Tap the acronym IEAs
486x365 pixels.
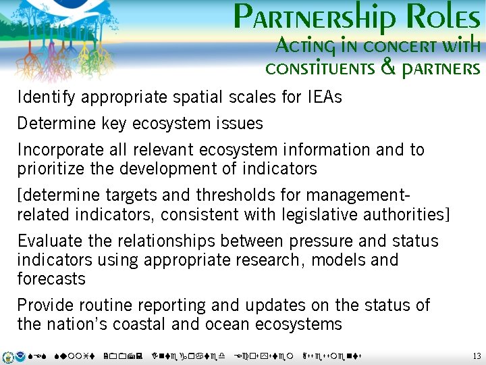[324, 97]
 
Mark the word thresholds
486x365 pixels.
[238, 196]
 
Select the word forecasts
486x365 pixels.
[51, 278]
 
